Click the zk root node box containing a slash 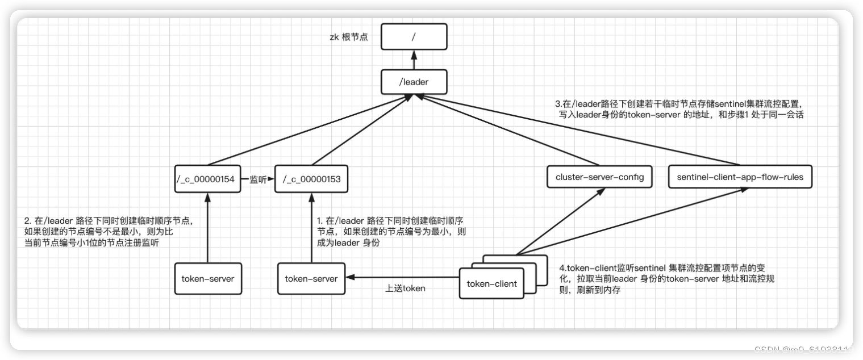pyautogui.click(x=414, y=37)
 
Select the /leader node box pyautogui.click(x=414, y=82)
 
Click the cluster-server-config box pyautogui.click(x=599, y=178)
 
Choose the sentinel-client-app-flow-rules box pyautogui.click(x=740, y=178)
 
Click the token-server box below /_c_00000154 pyautogui.click(x=207, y=278)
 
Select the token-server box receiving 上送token pyautogui.click(x=311, y=278)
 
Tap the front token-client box pyautogui.click(x=491, y=283)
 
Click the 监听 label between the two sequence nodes pyautogui.click(x=257, y=179)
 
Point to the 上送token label pyautogui.click(x=405, y=288)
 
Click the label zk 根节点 pyautogui.click(x=349, y=37)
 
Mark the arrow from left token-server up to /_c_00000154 pyautogui.click(x=207, y=227)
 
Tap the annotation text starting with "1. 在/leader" pyautogui.click(x=392, y=231)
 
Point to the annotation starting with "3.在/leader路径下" pyautogui.click(x=679, y=109)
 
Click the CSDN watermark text pyautogui.click(x=803, y=349)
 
